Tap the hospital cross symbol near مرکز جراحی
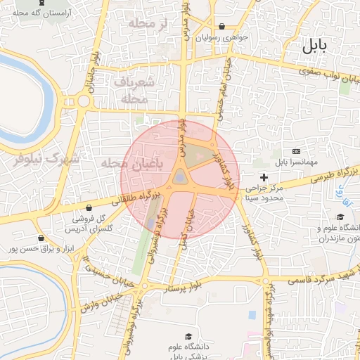pos(264,176)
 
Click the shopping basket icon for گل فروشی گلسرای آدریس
pos(92,207)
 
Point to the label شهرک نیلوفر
pos(49,158)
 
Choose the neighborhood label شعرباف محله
pos(138,91)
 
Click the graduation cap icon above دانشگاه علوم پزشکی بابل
pos(188,337)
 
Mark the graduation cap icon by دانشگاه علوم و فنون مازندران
pos(341,217)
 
